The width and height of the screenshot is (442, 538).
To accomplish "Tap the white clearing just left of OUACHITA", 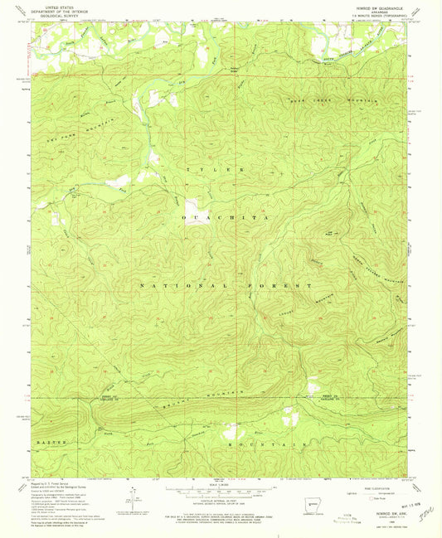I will (192, 208).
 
